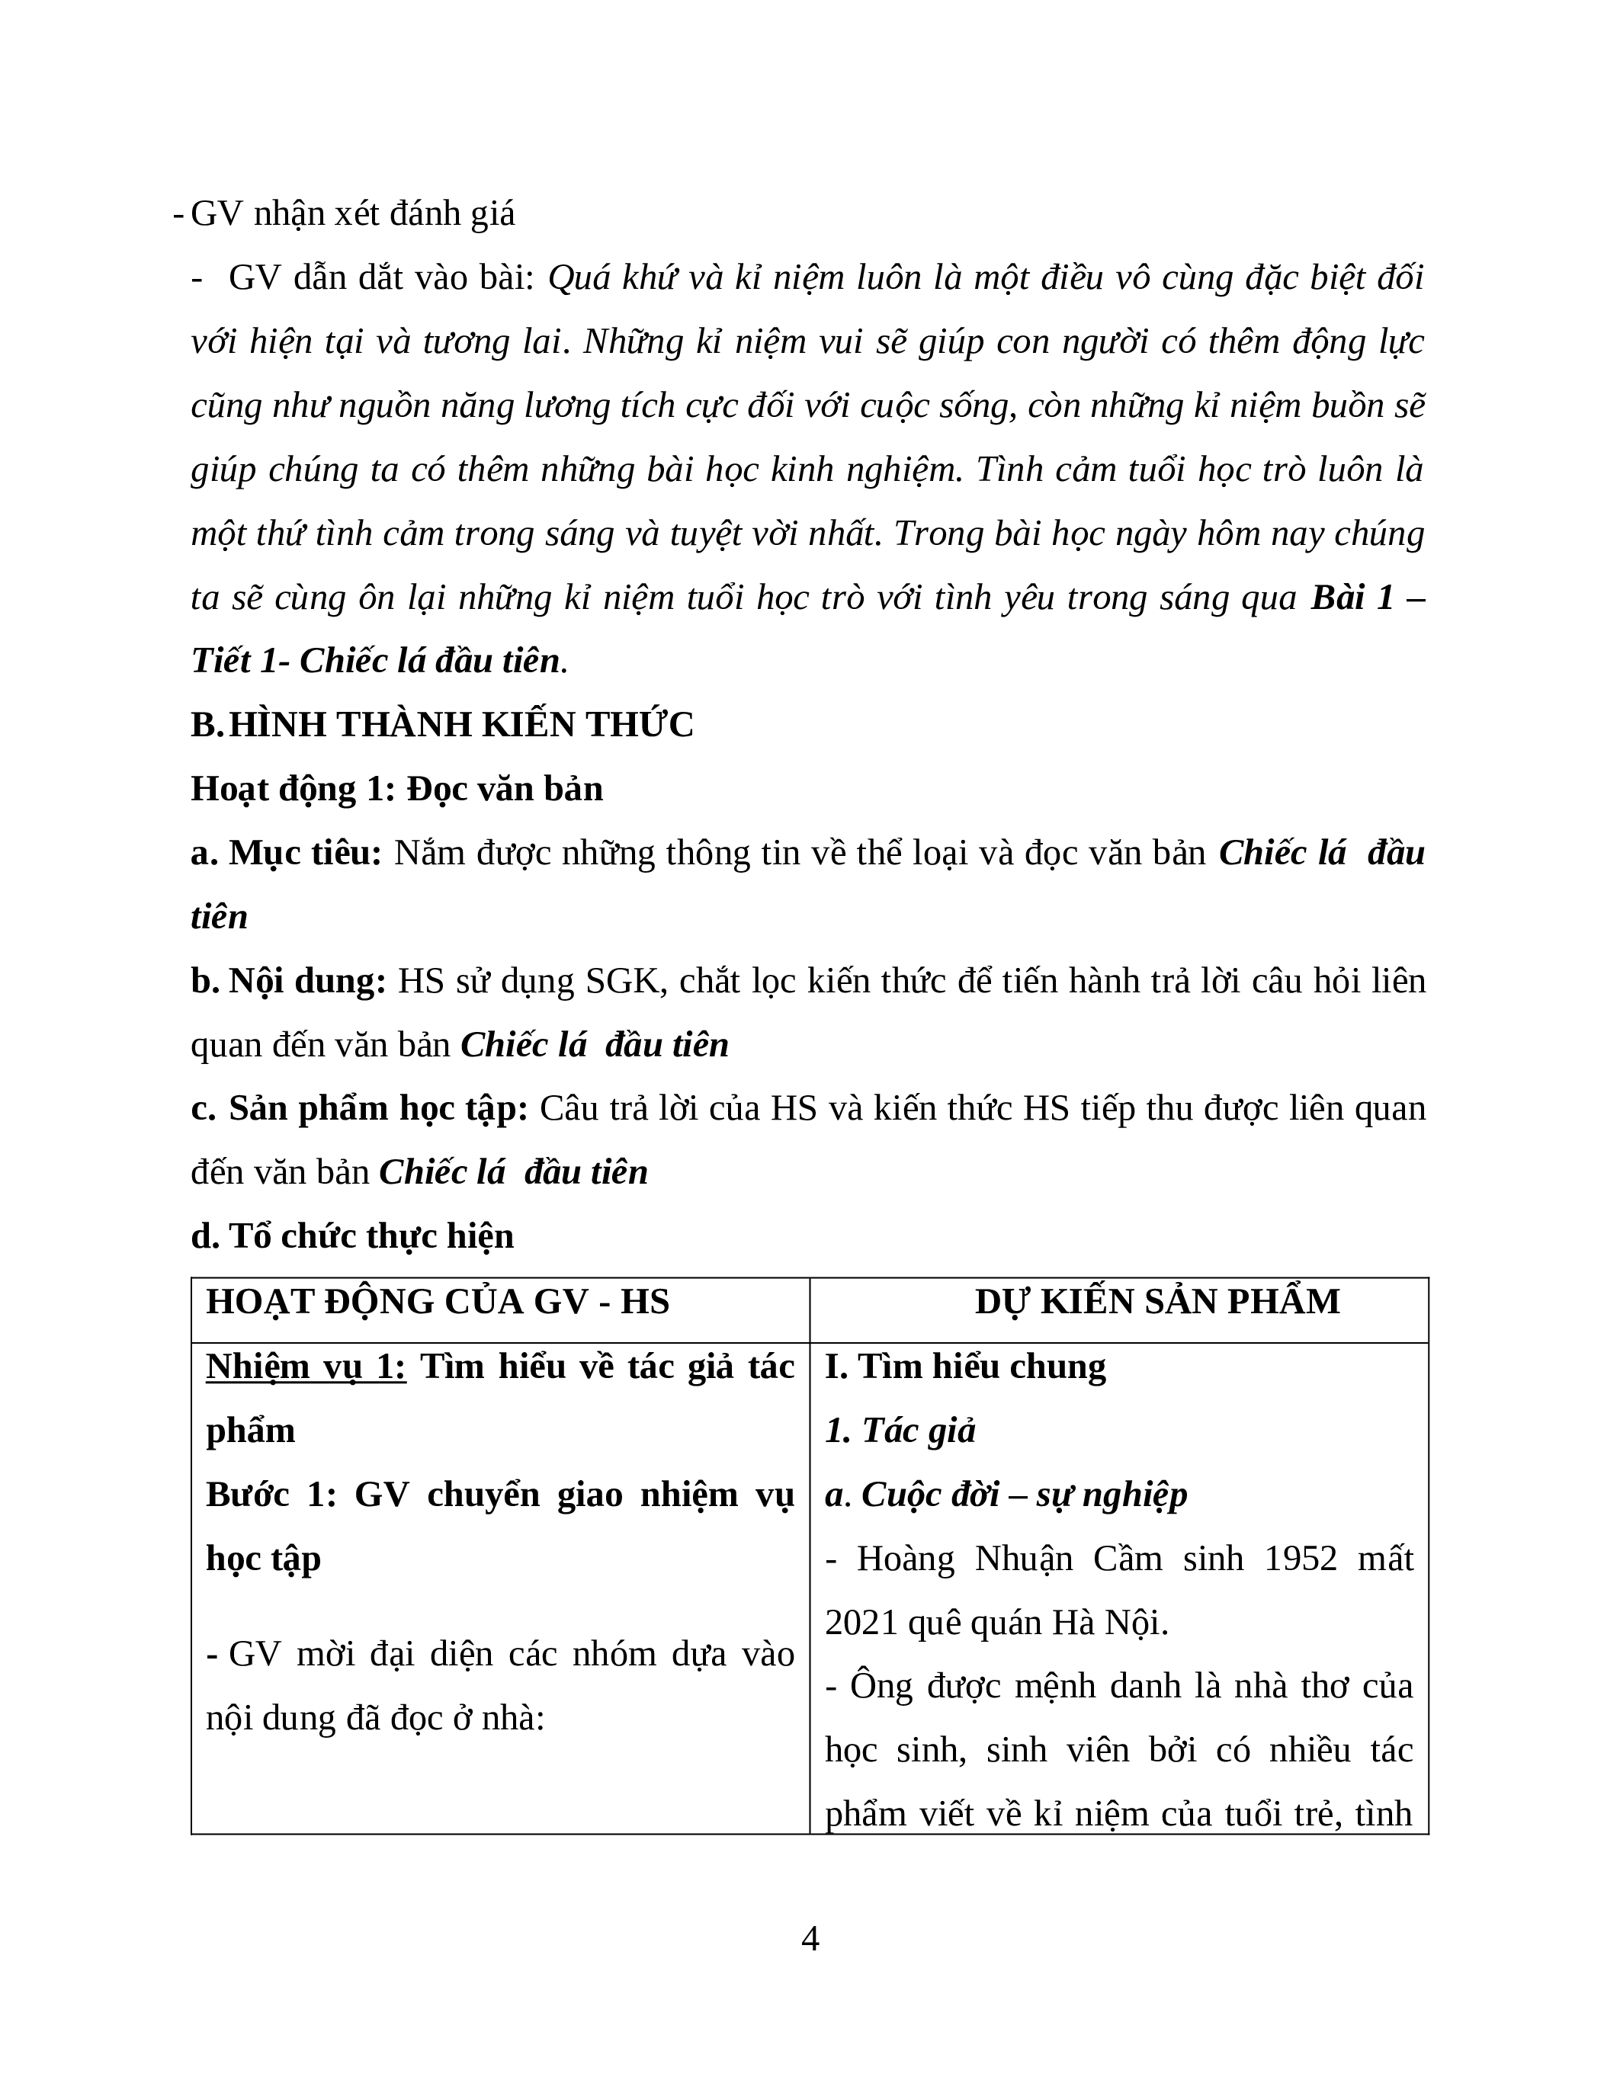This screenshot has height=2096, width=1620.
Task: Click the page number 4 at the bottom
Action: coord(810,1937)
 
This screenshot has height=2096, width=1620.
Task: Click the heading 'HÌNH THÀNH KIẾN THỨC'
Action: coord(460,725)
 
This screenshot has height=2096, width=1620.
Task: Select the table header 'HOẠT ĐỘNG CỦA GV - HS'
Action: coord(438,1303)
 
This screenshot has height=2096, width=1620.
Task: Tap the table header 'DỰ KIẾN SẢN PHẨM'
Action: coord(1157,1303)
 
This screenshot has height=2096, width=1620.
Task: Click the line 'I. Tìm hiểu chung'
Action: coord(965,1367)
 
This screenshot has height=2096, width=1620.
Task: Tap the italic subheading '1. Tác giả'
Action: coord(900,1431)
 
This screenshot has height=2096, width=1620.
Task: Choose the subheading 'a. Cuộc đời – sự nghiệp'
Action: coord(1006,1495)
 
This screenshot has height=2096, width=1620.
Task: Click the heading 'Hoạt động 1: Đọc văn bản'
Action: coord(396,789)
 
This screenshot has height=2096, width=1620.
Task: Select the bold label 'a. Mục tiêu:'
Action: coord(286,853)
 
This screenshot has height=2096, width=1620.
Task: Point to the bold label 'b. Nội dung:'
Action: coord(288,981)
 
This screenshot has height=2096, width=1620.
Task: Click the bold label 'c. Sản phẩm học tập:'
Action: coord(359,1108)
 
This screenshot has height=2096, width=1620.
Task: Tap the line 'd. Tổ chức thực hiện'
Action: coord(352,1236)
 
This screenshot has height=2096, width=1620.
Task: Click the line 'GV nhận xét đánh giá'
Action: coord(352,213)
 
